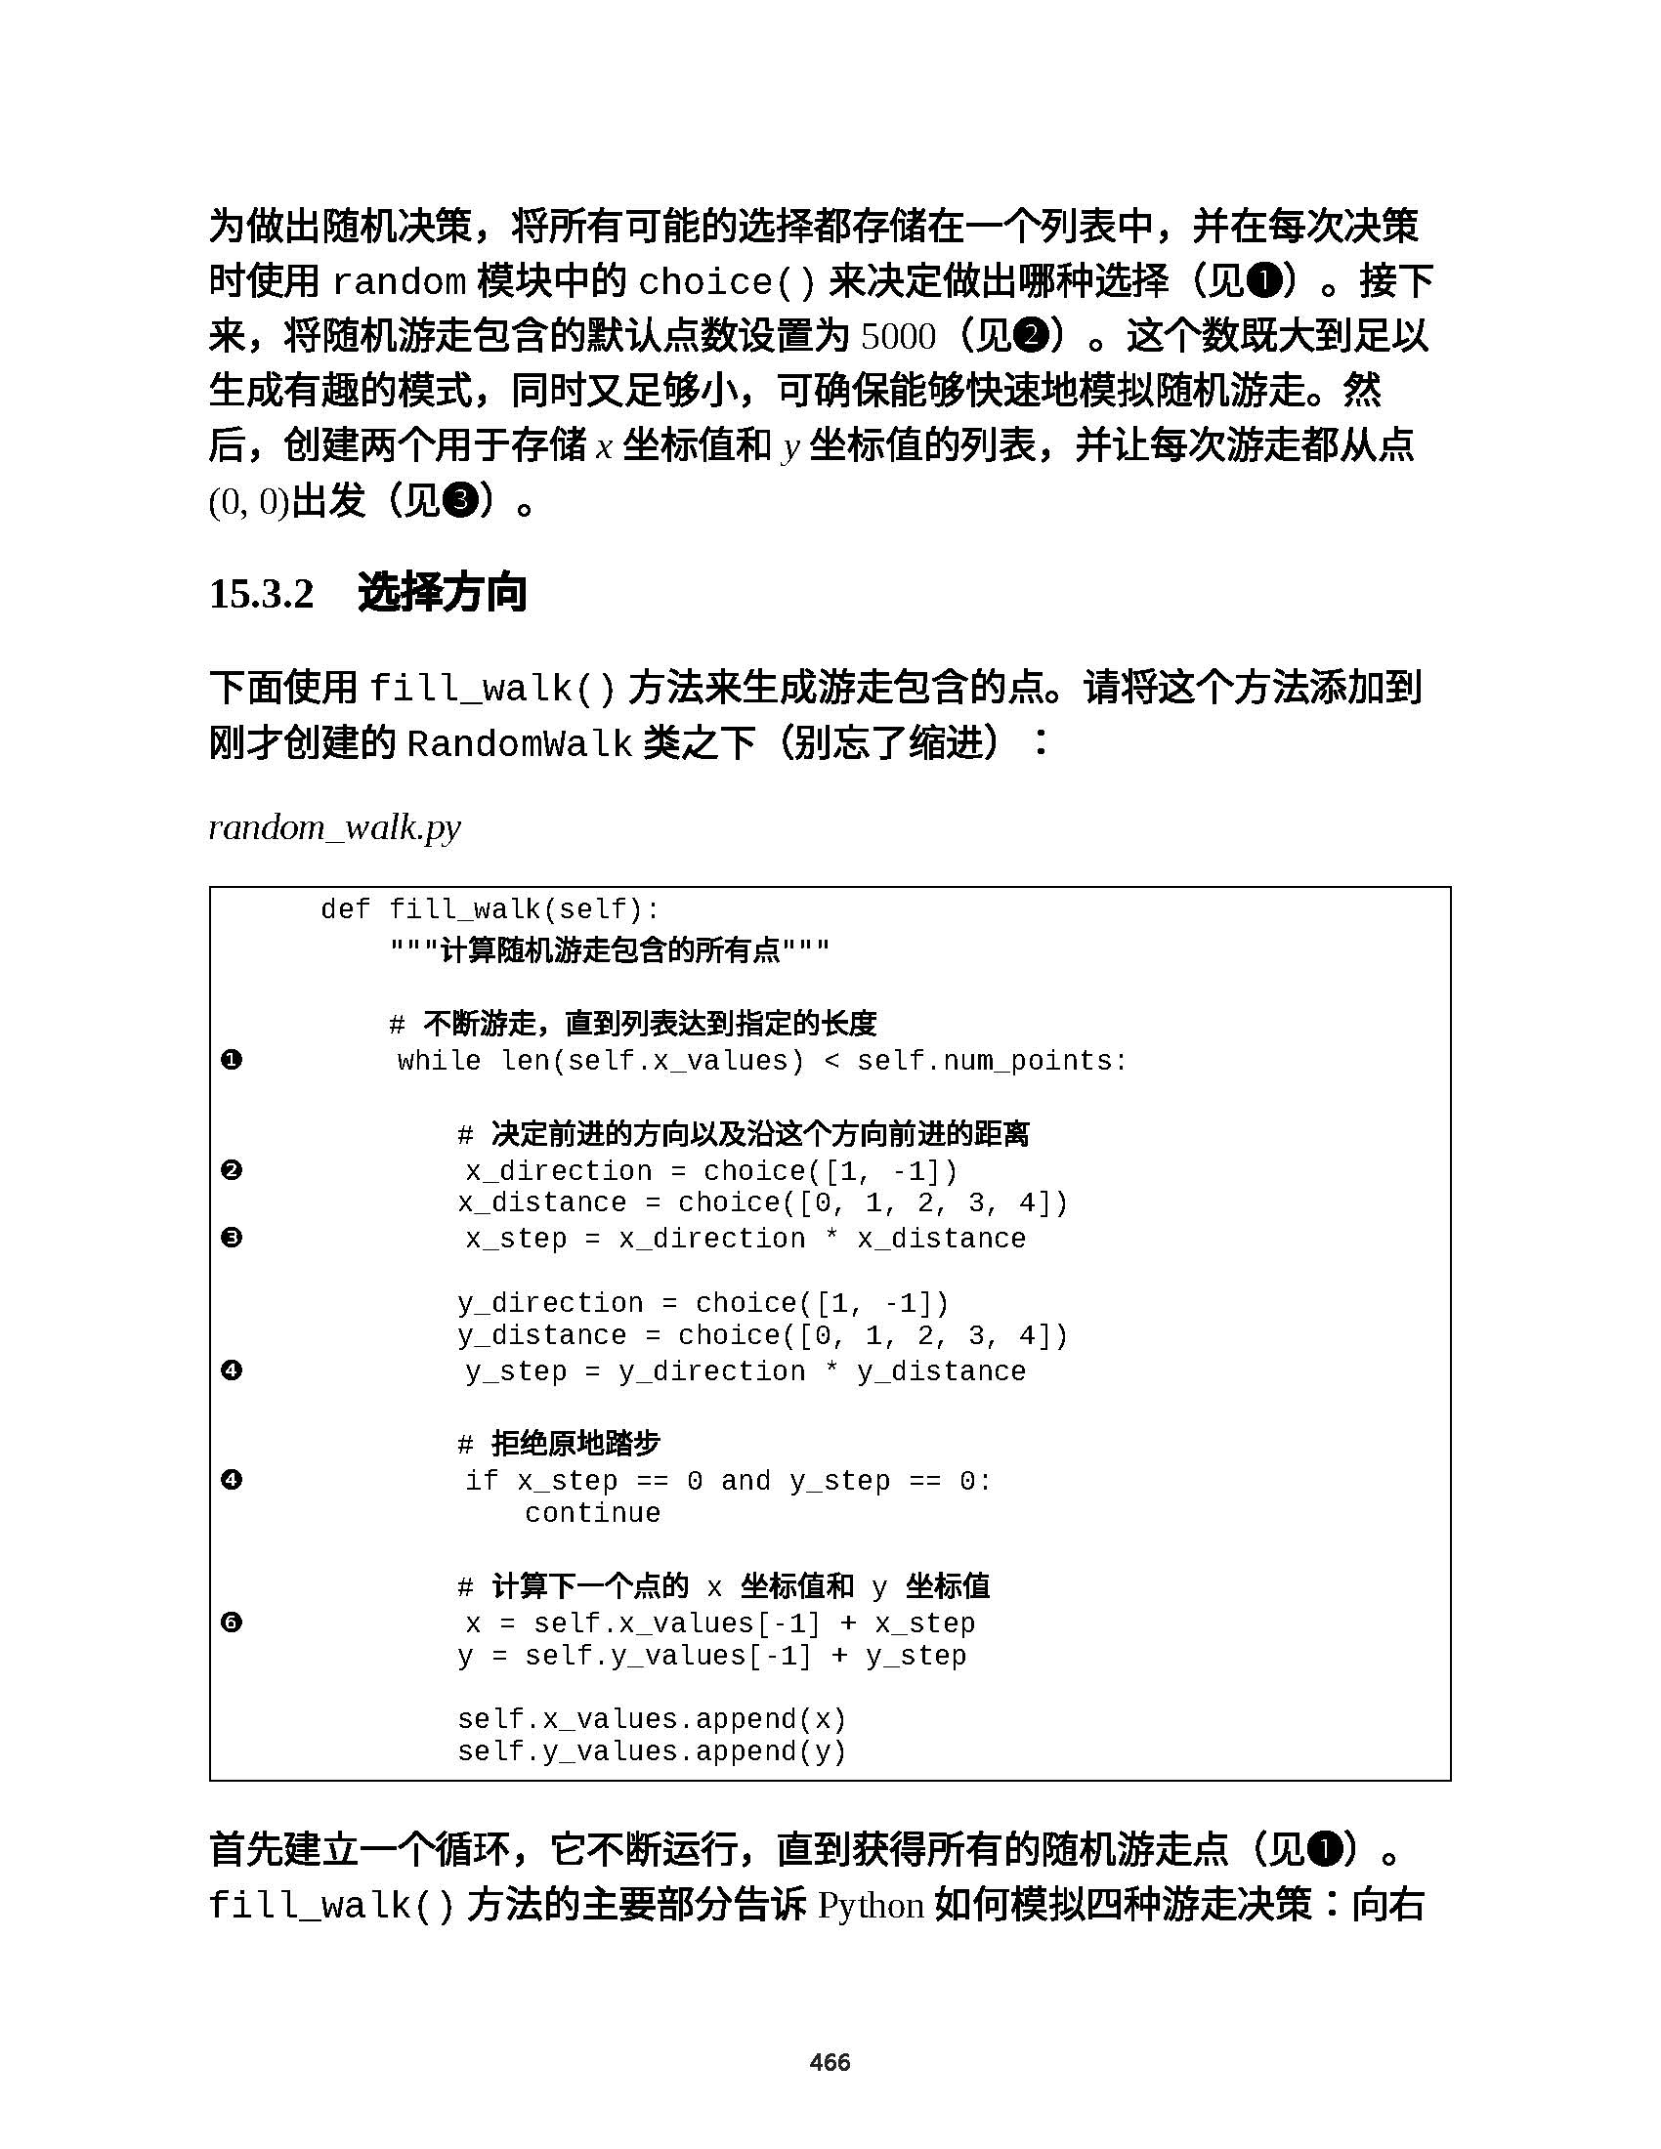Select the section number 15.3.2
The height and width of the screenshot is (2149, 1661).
tap(261, 593)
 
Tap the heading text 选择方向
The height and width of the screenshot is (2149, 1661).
tap(442, 593)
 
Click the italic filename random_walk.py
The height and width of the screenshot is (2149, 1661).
tap(334, 827)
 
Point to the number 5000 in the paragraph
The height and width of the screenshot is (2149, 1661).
tap(897, 338)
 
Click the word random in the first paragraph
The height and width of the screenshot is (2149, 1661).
tap(400, 282)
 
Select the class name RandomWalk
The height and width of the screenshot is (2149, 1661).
tap(519, 744)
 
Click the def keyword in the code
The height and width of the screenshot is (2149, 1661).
tap(345, 909)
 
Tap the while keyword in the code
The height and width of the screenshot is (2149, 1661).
tap(439, 1061)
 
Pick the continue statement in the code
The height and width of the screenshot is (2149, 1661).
tap(592, 1512)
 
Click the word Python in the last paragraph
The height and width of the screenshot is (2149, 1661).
tap(870, 1906)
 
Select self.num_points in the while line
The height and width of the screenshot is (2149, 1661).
tap(991, 1061)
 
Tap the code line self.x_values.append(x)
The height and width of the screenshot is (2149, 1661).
tap(652, 1719)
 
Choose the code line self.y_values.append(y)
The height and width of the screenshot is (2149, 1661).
tap(652, 1751)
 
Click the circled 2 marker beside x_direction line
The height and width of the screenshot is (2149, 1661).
tap(232, 1170)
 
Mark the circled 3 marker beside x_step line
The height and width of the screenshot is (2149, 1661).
tap(232, 1238)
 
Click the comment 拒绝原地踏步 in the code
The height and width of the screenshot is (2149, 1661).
tap(575, 1444)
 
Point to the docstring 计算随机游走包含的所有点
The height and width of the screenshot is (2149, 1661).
tap(610, 950)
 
